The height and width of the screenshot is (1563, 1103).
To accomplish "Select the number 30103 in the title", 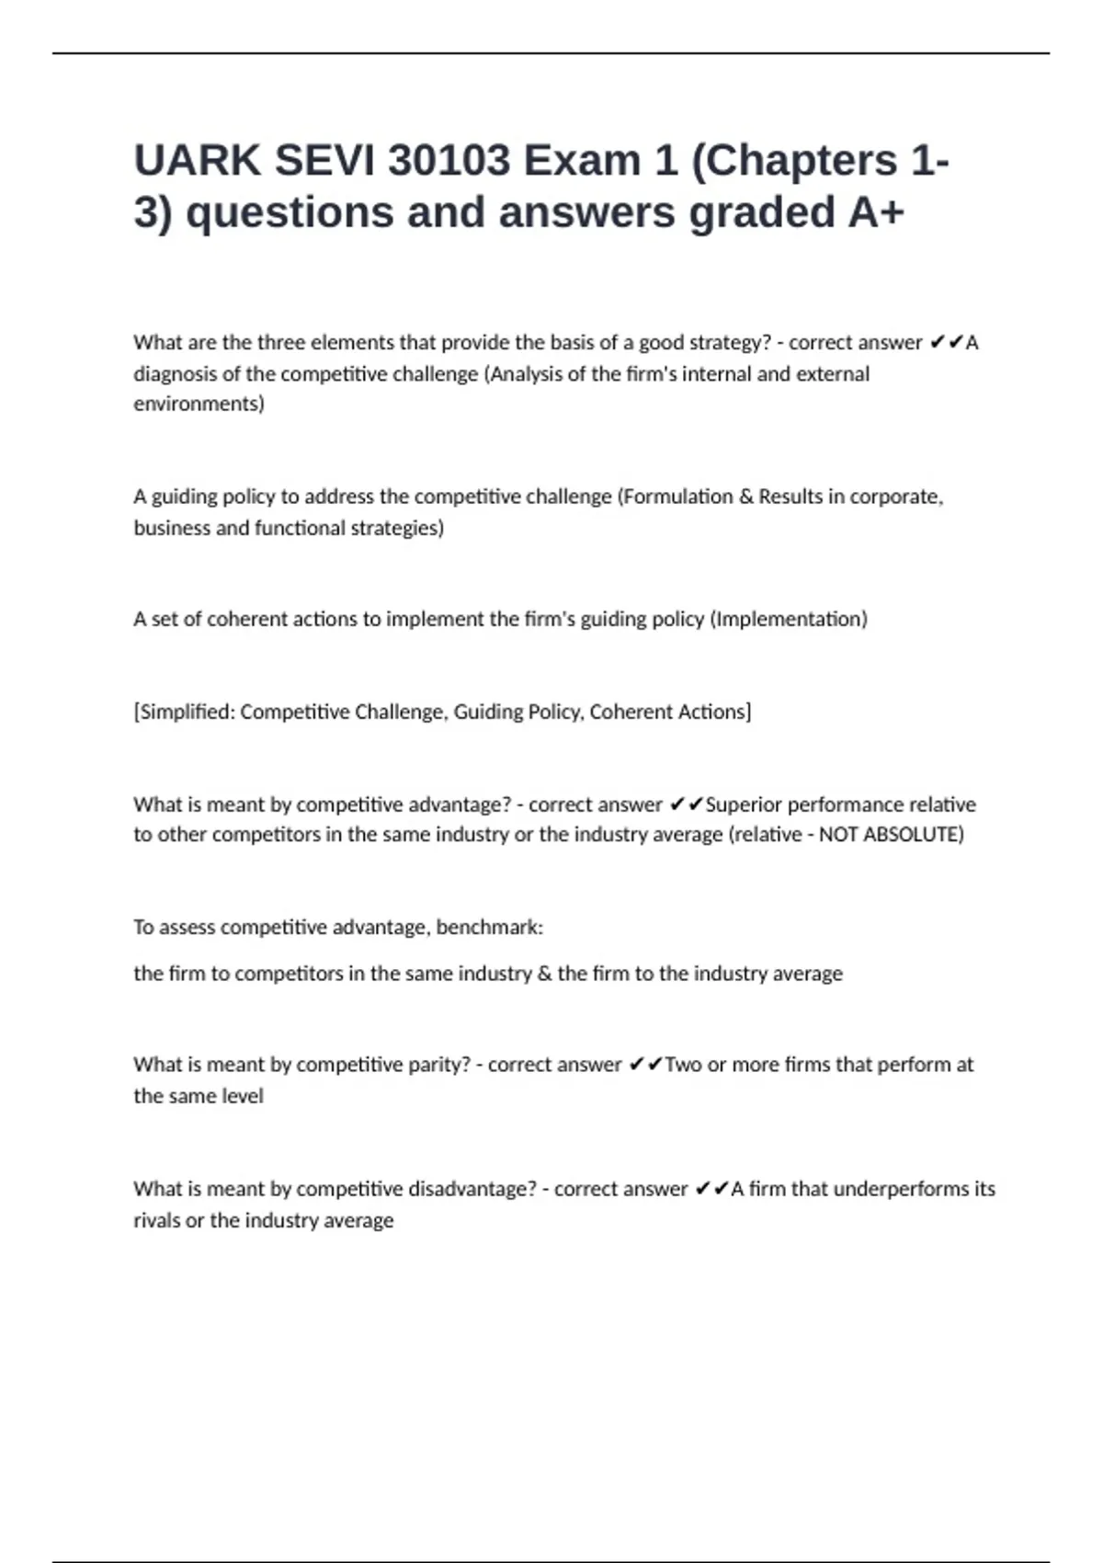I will (449, 161).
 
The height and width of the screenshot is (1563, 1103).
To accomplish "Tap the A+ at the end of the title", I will (876, 212).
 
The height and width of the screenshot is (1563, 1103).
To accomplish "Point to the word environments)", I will (199, 404).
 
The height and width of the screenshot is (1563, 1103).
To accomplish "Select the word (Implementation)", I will (789, 619).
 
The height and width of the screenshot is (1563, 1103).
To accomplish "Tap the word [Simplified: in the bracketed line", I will (184, 712).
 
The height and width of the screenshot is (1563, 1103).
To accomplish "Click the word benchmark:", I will (489, 927).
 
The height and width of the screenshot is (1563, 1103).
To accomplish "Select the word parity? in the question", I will (437, 1065).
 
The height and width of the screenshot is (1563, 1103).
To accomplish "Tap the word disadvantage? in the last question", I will (472, 1189).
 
